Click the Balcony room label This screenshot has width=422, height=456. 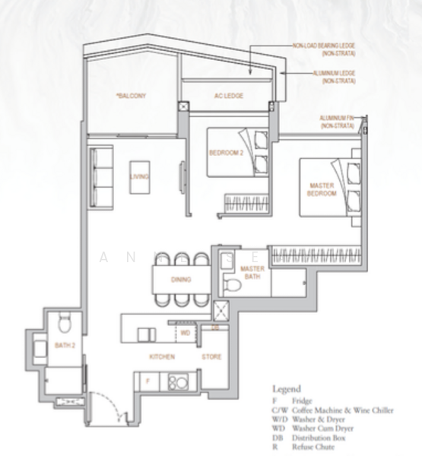[x=131, y=97]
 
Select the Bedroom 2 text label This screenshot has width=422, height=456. [x=225, y=152]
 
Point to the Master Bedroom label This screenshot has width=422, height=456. [x=322, y=189]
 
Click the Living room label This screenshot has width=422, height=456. [x=139, y=176]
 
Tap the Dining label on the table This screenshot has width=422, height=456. [x=181, y=280]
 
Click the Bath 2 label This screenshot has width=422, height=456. [x=65, y=346]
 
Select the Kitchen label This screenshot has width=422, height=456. [x=162, y=356]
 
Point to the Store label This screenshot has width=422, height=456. [x=211, y=356]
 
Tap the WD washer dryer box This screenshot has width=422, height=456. [x=185, y=333]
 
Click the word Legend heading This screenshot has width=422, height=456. [x=287, y=388]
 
